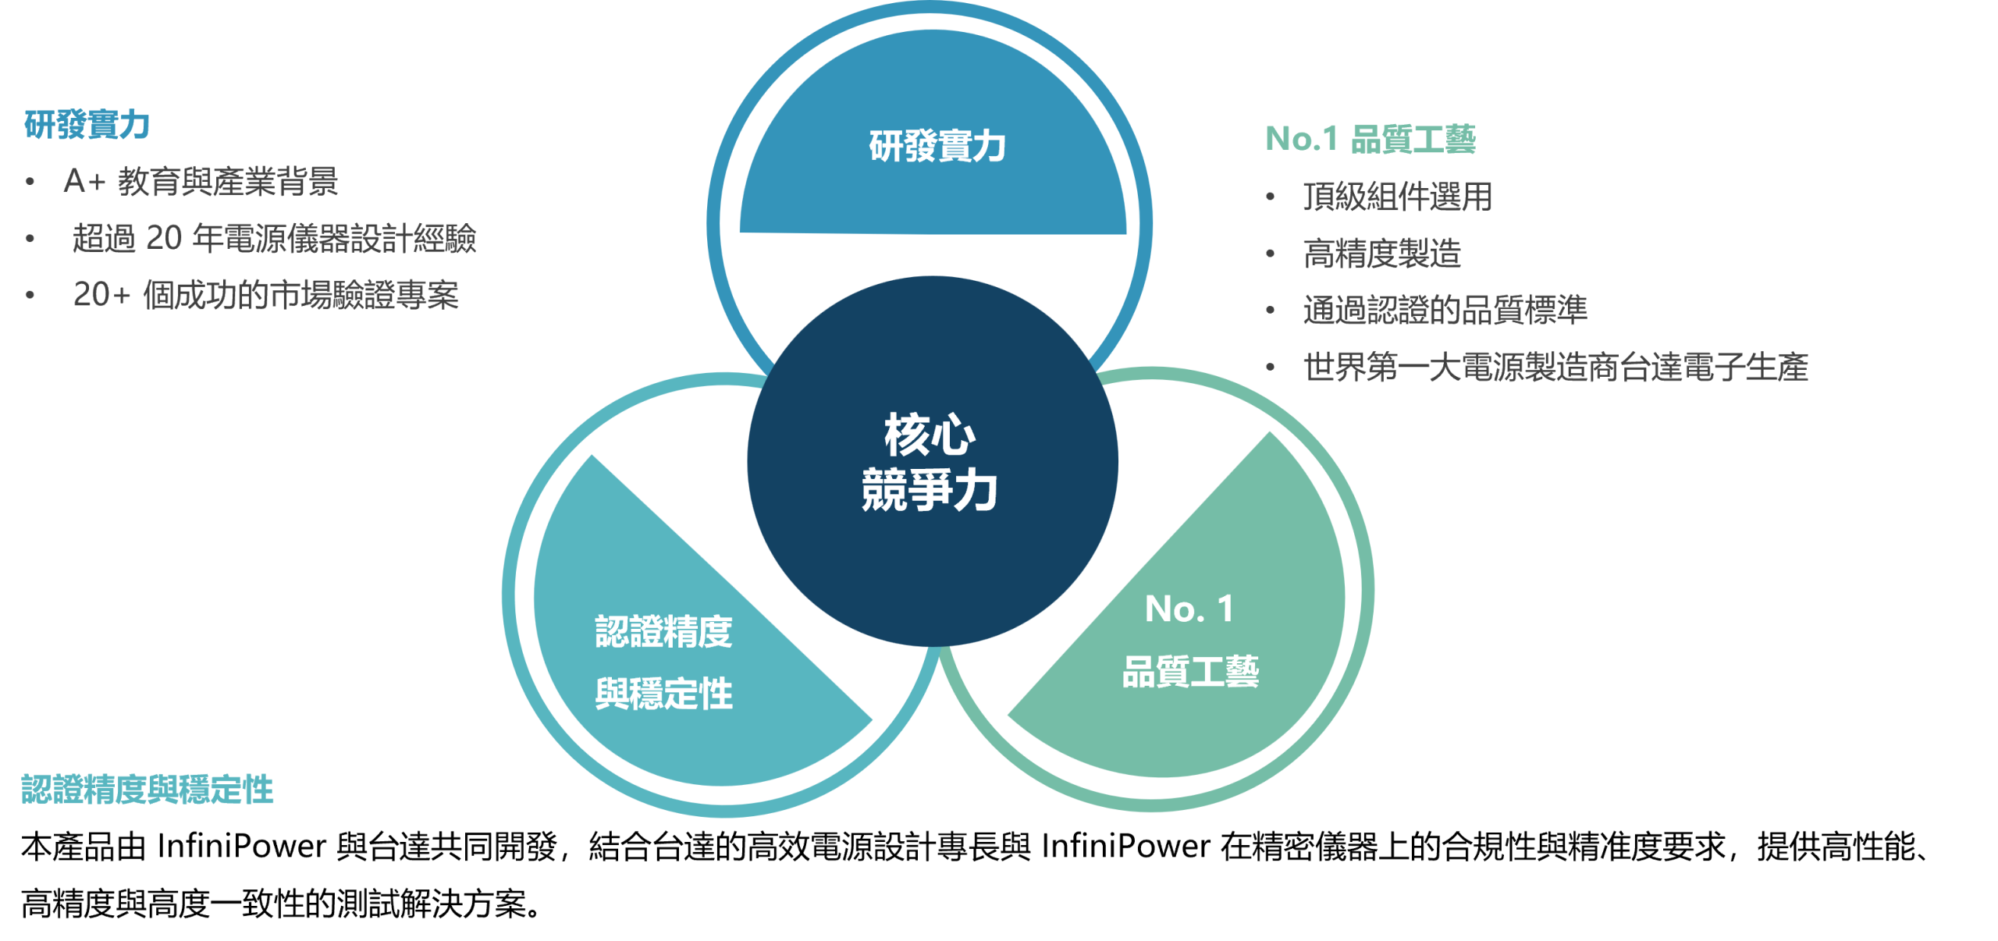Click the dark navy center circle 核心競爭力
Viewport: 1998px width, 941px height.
(x=932, y=462)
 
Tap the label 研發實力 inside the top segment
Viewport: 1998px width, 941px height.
(x=937, y=146)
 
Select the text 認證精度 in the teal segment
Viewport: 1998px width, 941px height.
(x=663, y=631)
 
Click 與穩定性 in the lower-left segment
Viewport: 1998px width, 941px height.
(x=663, y=694)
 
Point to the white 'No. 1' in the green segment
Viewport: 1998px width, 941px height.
(x=1189, y=609)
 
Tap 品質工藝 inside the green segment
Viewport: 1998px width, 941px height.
(x=1190, y=671)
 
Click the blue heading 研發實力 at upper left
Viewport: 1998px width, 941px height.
(x=87, y=125)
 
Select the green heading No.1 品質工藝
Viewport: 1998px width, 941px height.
(x=1371, y=139)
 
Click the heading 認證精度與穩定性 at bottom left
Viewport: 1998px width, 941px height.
(x=148, y=790)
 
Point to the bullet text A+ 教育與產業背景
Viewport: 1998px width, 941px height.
(x=201, y=182)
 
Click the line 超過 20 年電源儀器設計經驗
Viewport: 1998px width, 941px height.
(x=273, y=239)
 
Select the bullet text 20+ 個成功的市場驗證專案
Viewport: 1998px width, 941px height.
(x=265, y=295)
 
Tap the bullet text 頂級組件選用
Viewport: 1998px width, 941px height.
(x=1397, y=197)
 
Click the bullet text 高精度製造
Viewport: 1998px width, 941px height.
(x=1381, y=254)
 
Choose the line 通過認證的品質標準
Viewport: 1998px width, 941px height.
(x=1445, y=310)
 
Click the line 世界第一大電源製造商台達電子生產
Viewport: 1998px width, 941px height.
(x=1555, y=367)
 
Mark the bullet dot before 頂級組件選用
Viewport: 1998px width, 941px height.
(x=1271, y=197)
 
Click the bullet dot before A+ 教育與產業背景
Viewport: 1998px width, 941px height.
(x=30, y=183)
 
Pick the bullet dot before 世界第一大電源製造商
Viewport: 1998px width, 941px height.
(x=1271, y=367)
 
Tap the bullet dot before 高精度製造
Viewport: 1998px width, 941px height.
(x=1271, y=254)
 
